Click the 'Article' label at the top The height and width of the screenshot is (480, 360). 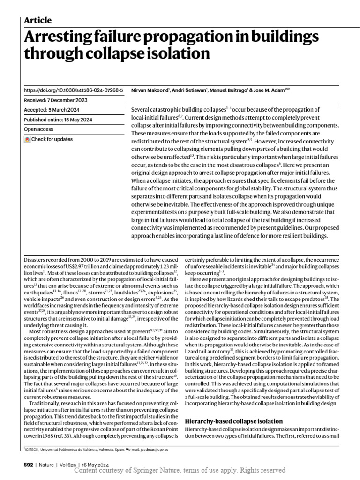tap(37, 20)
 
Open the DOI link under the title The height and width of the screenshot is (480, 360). tap(73, 90)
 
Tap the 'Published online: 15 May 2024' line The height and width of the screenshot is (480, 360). tap(58, 120)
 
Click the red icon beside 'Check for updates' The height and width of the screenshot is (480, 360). tap(27, 140)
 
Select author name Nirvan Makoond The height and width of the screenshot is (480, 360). tap(149, 90)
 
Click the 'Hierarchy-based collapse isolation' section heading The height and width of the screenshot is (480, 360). tap(234, 421)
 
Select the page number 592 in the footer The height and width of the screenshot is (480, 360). tap(28, 465)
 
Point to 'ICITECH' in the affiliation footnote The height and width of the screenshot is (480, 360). tap(36, 449)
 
